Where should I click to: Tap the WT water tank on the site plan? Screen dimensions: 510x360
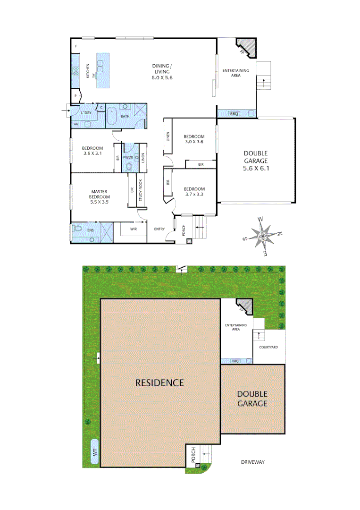pyautogui.click(x=95, y=451)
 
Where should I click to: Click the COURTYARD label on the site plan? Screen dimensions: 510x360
pyautogui.click(x=268, y=347)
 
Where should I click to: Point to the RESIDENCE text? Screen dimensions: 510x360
pyautogui.click(x=159, y=382)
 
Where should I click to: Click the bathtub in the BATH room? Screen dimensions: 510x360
pyautogui.click(x=112, y=116)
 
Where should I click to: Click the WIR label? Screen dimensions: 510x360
pyautogui.click(x=133, y=229)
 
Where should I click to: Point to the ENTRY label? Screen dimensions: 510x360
pyautogui.click(x=159, y=229)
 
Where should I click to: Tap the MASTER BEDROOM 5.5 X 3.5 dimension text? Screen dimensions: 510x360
pyautogui.click(x=100, y=202)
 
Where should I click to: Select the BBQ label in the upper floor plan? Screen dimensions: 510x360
pyautogui.click(x=234, y=113)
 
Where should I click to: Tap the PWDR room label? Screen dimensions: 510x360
pyautogui.click(x=128, y=157)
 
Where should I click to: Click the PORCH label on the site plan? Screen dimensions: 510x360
pyautogui.click(x=193, y=456)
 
